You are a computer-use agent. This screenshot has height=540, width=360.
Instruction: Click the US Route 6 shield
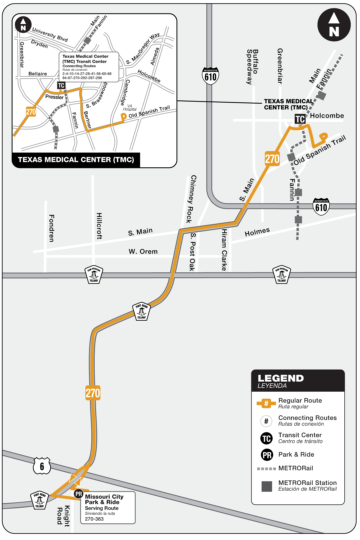click(42, 466)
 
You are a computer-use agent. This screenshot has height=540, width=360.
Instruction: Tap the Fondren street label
click(51, 228)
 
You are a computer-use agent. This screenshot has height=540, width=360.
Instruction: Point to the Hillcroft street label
click(99, 226)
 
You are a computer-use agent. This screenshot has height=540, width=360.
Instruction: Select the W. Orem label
click(143, 251)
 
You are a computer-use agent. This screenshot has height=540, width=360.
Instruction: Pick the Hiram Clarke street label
click(224, 250)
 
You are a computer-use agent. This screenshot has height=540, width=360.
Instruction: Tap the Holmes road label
click(257, 232)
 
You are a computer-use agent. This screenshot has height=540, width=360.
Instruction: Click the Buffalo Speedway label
click(252, 67)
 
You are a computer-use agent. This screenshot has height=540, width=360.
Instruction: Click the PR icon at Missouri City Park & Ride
click(79, 494)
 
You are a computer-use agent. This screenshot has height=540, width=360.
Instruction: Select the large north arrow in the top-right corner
click(334, 25)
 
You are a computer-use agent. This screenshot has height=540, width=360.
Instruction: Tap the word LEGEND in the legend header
click(281, 378)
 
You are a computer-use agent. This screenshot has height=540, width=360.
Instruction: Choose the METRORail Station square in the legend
click(267, 486)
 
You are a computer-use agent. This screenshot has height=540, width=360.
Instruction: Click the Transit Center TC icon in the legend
click(266, 438)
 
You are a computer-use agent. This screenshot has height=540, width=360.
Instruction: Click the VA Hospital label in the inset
click(130, 107)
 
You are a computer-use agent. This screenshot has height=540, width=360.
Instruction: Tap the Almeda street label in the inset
click(155, 56)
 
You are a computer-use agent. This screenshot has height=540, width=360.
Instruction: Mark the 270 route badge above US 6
click(93, 393)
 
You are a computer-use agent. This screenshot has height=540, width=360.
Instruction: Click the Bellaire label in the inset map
click(38, 74)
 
